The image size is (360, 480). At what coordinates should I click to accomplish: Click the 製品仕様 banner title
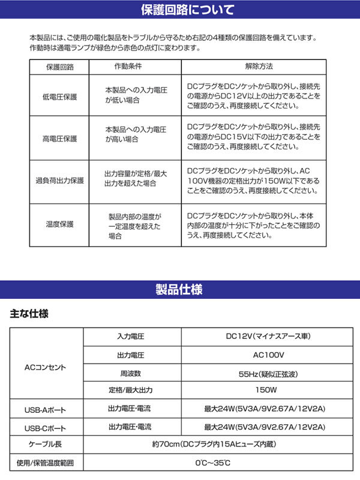pos(179,289)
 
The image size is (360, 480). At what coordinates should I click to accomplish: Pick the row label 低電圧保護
pos(59,96)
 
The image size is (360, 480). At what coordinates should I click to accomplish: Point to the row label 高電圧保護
pos(59,139)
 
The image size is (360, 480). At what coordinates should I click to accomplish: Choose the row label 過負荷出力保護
pos(59,181)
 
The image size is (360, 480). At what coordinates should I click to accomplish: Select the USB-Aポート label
pos(46,411)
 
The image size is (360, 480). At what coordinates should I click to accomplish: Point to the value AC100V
pos(264,355)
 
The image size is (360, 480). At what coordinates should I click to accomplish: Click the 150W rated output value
pos(264,390)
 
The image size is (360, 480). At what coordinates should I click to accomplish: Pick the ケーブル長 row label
pos(46,445)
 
